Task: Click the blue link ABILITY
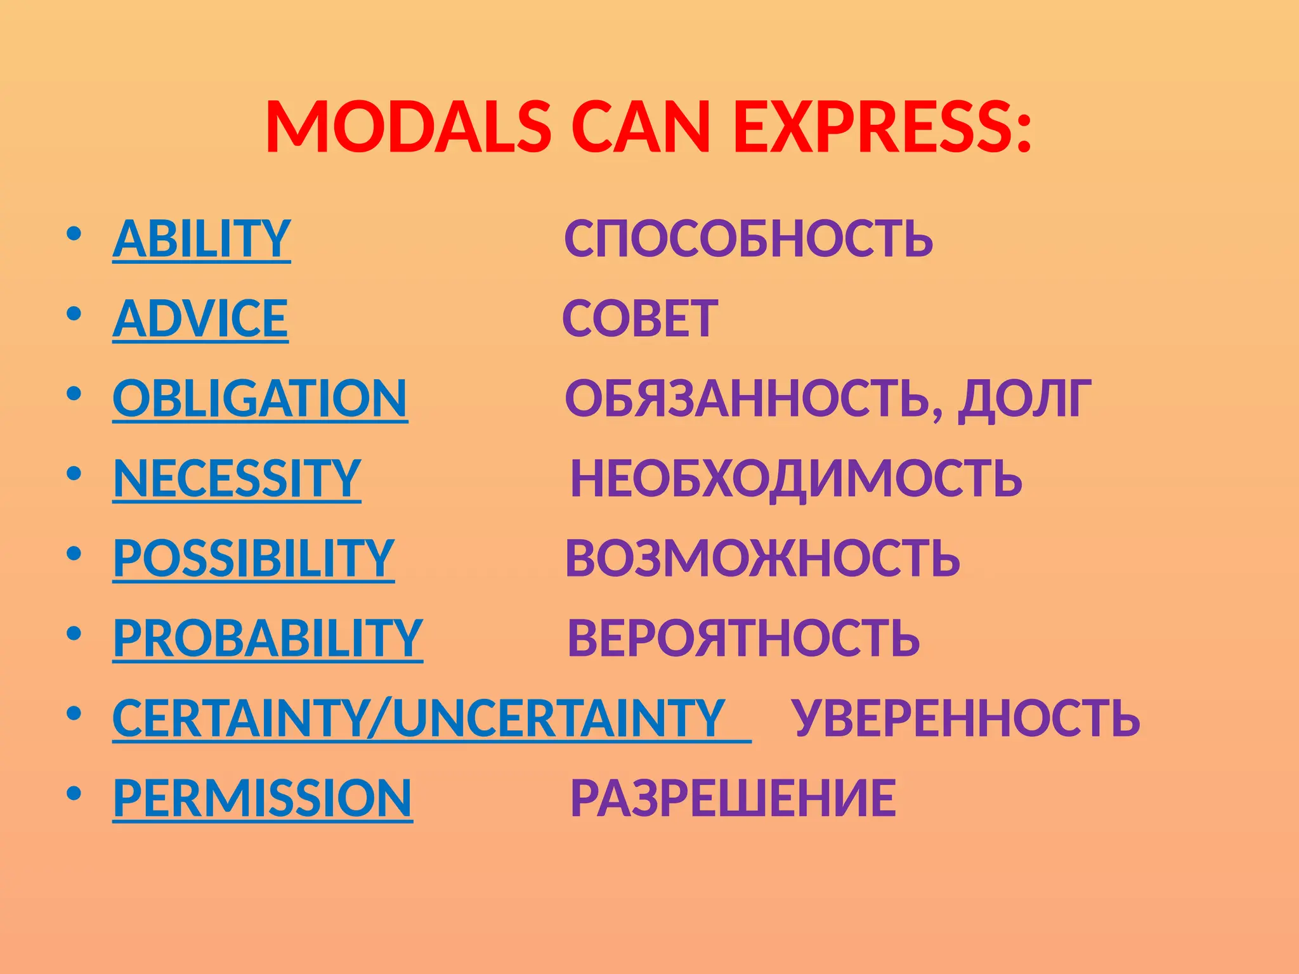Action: [x=202, y=239]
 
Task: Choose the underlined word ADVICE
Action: [x=200, y=319]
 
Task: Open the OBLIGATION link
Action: [x=260, y=399]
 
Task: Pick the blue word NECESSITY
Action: [x=237, y=479]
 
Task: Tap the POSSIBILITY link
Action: [x=254, y=559]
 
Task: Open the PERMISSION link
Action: [x=263, y=798]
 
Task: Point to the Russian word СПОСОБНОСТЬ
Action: [x=748, y=239]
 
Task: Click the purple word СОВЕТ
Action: [x=640, y=319]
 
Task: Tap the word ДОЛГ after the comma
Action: [x=1024, y=399]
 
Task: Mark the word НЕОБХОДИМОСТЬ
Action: [x=796, y=479]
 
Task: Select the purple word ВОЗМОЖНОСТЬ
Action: [x=762, y=559]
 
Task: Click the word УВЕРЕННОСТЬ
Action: [x=967, y=718]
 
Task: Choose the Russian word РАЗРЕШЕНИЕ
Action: [x=733, y=798]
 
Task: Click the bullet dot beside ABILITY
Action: [x=74, y=234]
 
